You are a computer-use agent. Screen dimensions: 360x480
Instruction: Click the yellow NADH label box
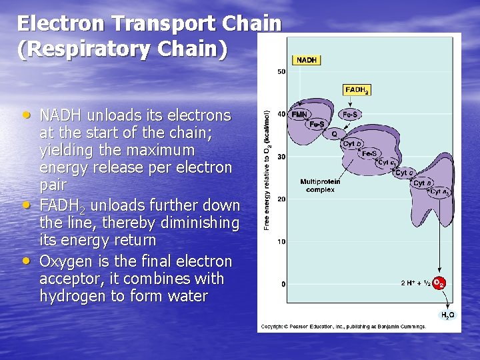pyautogui.click(x=307, y=60)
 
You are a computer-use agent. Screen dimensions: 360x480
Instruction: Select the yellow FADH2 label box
pyautogui.click(x=357, y=90)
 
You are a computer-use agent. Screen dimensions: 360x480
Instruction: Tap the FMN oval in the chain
pyautogui.click(x=299, y=114)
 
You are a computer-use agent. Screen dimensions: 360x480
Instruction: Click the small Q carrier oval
pyautogui.click(x=334, y=133)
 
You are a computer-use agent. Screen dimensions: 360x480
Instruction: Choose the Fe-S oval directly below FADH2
pyautogui.click(x=349, y=115)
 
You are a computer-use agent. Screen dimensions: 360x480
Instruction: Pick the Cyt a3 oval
pyautogui.click(x=439, y=192)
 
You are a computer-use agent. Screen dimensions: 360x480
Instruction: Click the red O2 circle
pyautogui.click(x=439, y=283)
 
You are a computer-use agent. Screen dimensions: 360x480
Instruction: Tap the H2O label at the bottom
pyautogui.click(x=447, y=315)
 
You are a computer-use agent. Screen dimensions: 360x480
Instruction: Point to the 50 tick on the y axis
pyautogui.click(x=281, y=71)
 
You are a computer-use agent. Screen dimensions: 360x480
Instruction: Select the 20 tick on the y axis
pyautogui.click(x=281, y=199)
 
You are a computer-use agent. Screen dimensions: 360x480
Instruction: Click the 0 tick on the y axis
pyautogui.click(x=283, y=284)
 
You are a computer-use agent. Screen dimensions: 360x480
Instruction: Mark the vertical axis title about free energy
pyautogui.click(x=267, y=171)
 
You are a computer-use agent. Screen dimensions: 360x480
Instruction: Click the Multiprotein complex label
pyautogui.click(x=320, y=185)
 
